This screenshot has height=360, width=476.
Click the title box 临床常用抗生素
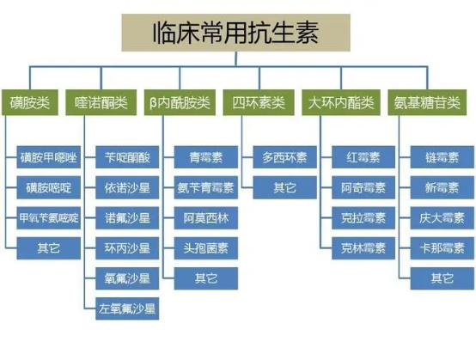(x=238, y=34)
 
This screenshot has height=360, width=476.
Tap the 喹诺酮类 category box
(x=102, y=102)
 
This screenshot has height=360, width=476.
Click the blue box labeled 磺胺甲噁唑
(x=47, y=157)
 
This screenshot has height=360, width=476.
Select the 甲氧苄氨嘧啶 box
(x=47, y=217)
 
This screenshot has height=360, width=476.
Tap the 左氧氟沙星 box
(x=127, y=308)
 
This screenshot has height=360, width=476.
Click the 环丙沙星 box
(x=127, y=247)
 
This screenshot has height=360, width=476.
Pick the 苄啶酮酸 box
(x=127, y=157)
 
